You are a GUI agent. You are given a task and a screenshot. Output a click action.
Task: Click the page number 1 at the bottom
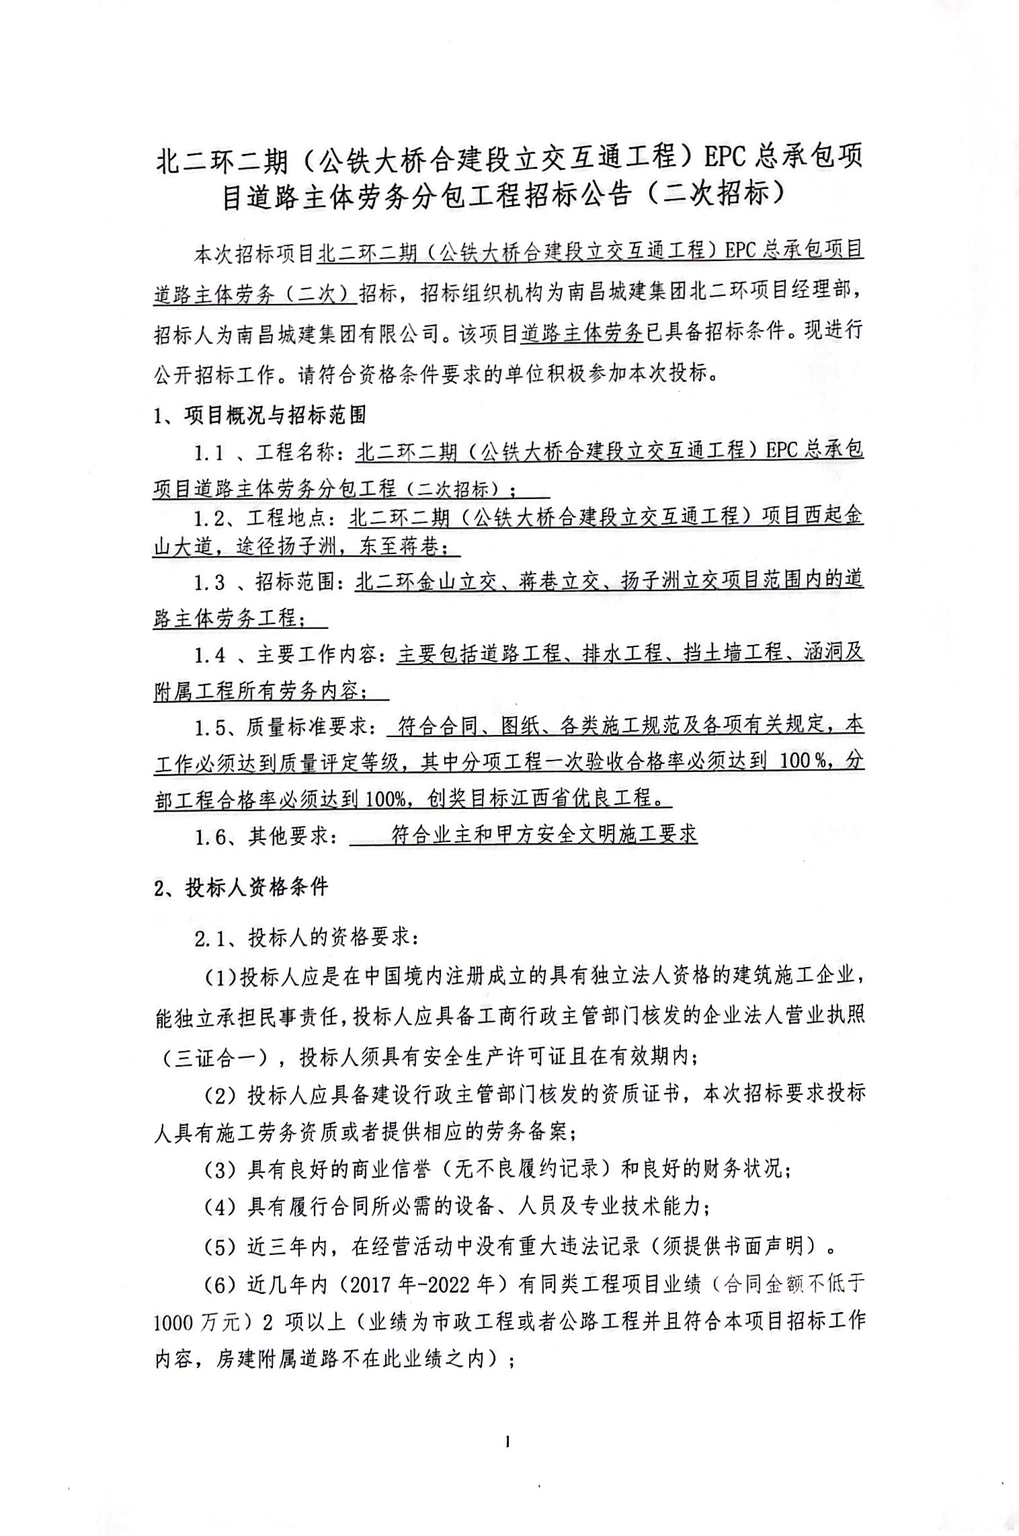tap(508, 1441)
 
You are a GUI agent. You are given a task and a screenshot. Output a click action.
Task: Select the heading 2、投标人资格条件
tap(241, 888)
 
